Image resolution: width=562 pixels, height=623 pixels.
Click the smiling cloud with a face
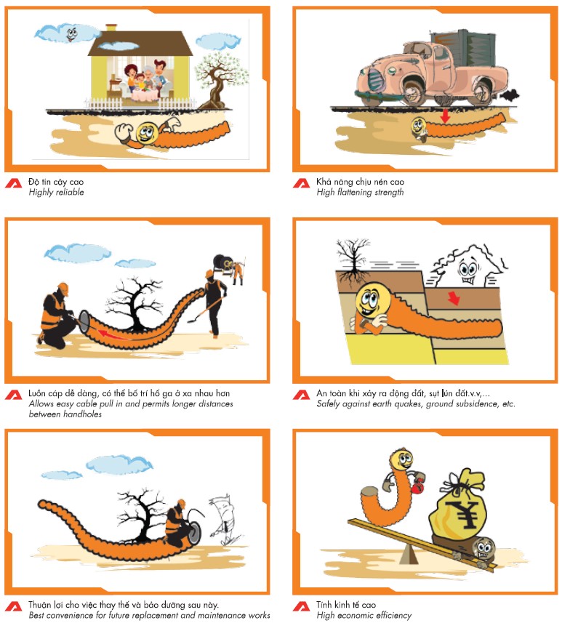click(67, 33)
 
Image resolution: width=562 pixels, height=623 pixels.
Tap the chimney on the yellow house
click(111, 28)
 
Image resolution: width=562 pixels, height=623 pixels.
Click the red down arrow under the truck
click(445, 116)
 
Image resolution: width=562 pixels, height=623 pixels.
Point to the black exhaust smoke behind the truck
click(510, 95)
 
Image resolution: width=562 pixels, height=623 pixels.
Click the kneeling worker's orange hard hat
click(63, 288)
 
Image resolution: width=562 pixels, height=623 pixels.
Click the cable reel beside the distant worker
click(221, 262)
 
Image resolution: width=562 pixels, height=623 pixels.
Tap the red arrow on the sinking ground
click(453, 298)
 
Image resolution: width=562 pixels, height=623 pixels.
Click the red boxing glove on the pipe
click(417, 486)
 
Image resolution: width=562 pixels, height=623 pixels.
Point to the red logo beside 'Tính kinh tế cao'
click(301, 606)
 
